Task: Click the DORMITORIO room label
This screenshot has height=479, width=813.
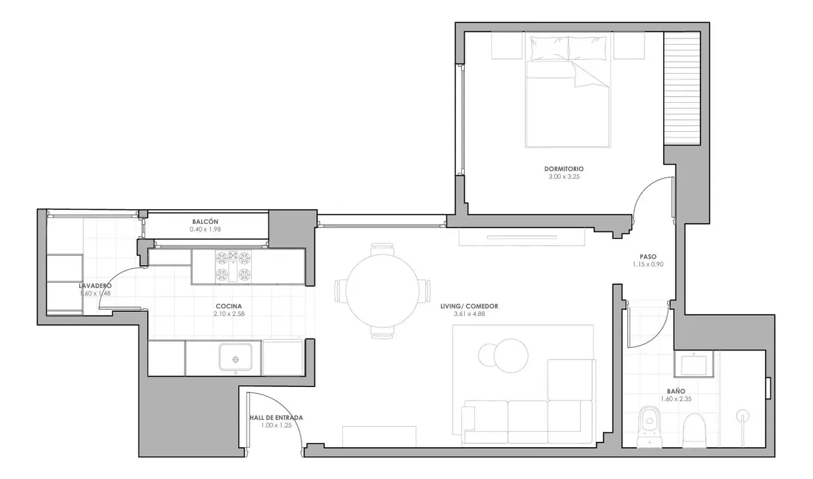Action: (564, 169)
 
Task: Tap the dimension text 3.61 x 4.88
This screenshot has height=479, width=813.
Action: (470, 314)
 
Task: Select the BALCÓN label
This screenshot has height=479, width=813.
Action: (205, 221)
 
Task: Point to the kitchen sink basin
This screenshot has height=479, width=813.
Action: (236, 357)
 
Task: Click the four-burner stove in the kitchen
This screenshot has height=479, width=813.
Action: (233, 267)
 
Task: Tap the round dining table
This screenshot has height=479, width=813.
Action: (382, 290)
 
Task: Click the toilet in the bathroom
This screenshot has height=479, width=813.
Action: (650, 426)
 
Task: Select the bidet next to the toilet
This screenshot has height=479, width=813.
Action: (694, 430)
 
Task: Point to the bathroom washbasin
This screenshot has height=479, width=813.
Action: (694, 364)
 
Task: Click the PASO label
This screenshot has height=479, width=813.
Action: (648, 257)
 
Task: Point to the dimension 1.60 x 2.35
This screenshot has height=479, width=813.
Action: (676, 399)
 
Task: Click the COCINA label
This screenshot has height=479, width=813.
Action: (229, 306)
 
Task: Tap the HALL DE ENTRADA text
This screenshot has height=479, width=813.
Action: (276, 417)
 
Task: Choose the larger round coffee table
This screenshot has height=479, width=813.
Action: (511, 356)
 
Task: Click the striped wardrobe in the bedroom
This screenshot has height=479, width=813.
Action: (682, 89)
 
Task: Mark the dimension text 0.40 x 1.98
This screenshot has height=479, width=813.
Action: (205, 229)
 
